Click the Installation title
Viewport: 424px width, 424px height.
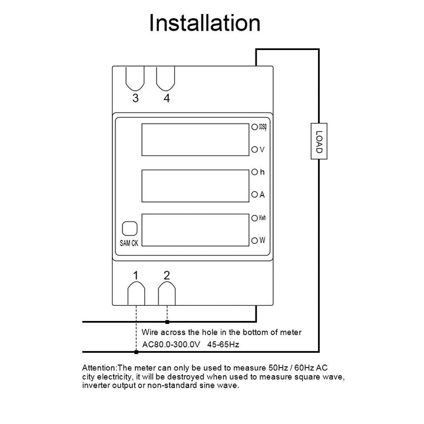tap(204, 23)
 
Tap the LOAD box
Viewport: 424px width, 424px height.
tap(319, 141)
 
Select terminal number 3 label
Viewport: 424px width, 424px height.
tap(135, 98)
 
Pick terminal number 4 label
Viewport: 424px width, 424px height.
tap(167, 98)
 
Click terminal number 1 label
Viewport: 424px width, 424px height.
tap(136, 275)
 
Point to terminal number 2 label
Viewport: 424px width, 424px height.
tap(167, 274)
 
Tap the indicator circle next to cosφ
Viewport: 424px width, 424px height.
tap(254, 127)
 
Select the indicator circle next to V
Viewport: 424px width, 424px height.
tap(254, 149)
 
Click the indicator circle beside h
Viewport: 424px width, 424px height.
tap(254, 173)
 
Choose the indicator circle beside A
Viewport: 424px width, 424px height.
tap(254, 194)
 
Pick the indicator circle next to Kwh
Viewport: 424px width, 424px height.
tap(254, 218)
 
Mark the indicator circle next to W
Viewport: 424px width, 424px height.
tap(254, 240)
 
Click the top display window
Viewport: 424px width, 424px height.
tap(195, 140)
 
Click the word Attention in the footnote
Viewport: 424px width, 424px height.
tap(100, 367)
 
